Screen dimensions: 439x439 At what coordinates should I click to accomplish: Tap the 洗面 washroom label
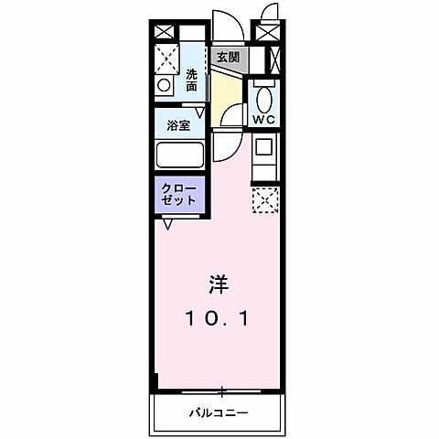[x=191, y=80]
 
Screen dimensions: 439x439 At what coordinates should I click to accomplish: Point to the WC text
[x=264, y=120]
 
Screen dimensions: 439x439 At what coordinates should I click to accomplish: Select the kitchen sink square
[x=263, y=146]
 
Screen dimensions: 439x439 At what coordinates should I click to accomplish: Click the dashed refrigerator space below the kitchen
[x=263, y=198]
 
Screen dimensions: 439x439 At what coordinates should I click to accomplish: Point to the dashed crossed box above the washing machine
[x=166, y=59]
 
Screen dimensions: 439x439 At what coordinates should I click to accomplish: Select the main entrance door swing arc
[x=224, y=26]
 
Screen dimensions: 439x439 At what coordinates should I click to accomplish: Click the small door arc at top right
[x=268, y=12]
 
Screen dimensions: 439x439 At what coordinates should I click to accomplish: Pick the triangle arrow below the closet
[x=168, y=222]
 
